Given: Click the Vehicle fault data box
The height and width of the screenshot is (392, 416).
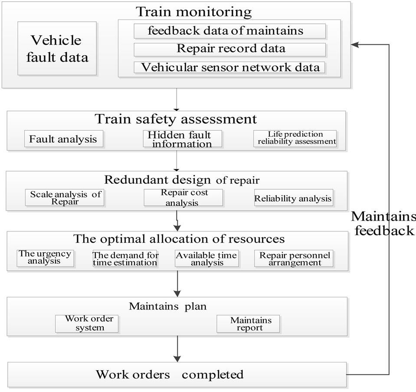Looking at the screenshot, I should (57, 49).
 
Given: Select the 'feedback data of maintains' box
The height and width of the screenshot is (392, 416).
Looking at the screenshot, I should (229, 31).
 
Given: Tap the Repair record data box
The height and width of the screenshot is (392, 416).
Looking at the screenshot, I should (229, 49).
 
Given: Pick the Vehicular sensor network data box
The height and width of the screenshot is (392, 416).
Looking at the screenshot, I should (229, 67).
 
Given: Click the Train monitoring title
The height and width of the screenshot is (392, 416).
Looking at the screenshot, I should (193, 12).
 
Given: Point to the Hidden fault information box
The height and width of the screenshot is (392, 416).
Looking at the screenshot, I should (182, 139).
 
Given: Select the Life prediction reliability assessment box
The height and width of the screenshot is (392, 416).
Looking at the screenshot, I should (295, 138).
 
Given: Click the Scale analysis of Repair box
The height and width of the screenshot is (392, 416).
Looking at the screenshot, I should (65, 198).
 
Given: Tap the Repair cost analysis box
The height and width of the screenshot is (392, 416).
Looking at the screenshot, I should (183, 198).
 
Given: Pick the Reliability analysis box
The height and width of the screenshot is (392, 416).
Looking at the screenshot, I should (293, 198).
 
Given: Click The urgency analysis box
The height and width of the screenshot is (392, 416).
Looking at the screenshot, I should (45, 258).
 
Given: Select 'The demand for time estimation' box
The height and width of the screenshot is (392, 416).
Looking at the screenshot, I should (124, 259).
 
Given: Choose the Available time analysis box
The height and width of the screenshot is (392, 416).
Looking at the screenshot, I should (206, 259).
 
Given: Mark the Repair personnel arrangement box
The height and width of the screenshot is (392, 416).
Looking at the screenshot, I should (295, 259).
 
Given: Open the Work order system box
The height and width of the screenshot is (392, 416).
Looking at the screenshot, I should (87, 323).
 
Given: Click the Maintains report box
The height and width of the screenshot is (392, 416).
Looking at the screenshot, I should (247, 324).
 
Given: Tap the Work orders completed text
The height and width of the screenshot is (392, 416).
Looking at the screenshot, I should (170, 374).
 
